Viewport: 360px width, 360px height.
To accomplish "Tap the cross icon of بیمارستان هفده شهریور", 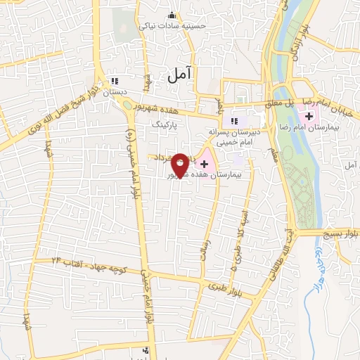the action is (x=205, y=164).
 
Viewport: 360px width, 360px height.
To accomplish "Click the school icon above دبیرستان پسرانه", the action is (x=235, y=120).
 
